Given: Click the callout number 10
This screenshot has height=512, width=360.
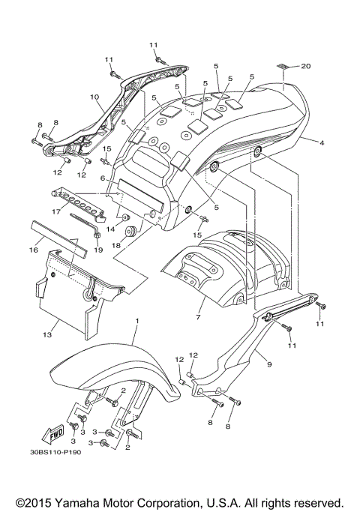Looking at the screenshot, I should click(x=94, y=97).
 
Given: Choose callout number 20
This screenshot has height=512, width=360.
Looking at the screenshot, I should click(x=305, y=66).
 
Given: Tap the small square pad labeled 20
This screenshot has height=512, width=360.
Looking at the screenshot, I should click(x=283, y=67).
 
